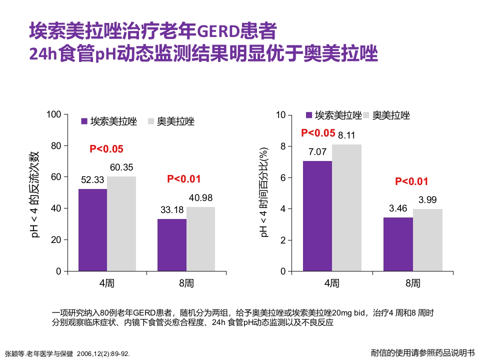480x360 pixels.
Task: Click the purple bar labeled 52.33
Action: [92, 230]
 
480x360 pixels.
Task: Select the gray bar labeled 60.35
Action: [121, 223]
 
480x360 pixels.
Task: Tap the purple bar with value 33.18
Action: [172, 245]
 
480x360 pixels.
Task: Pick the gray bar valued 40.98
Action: [200, 239]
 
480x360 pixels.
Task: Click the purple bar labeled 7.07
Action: [317, 216]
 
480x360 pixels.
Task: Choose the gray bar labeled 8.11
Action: [346, 208]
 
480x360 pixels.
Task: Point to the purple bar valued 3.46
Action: [398, 244]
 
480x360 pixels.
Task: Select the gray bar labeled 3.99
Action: [427, 240]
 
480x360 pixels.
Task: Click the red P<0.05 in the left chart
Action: [106, 148]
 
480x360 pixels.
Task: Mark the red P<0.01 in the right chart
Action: [412, 182]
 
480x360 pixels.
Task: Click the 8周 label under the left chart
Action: [186, 283]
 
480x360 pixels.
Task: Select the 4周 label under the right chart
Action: [332, 283]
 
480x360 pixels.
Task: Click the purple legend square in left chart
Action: [84, 121]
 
